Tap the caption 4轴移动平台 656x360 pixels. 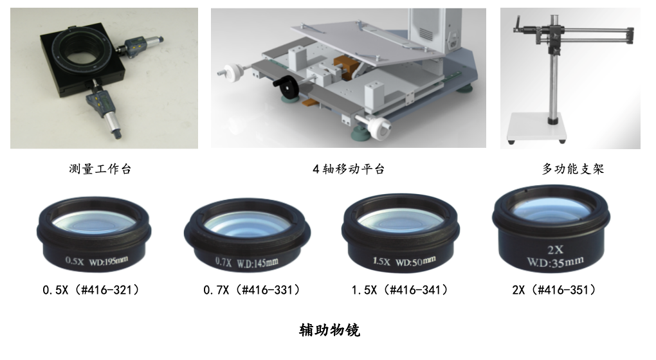349,170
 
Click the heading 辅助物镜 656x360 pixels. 329,330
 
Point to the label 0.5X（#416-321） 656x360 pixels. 91,291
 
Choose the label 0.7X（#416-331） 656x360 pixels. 252,291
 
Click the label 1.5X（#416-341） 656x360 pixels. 400,291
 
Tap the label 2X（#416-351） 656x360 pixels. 554,291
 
